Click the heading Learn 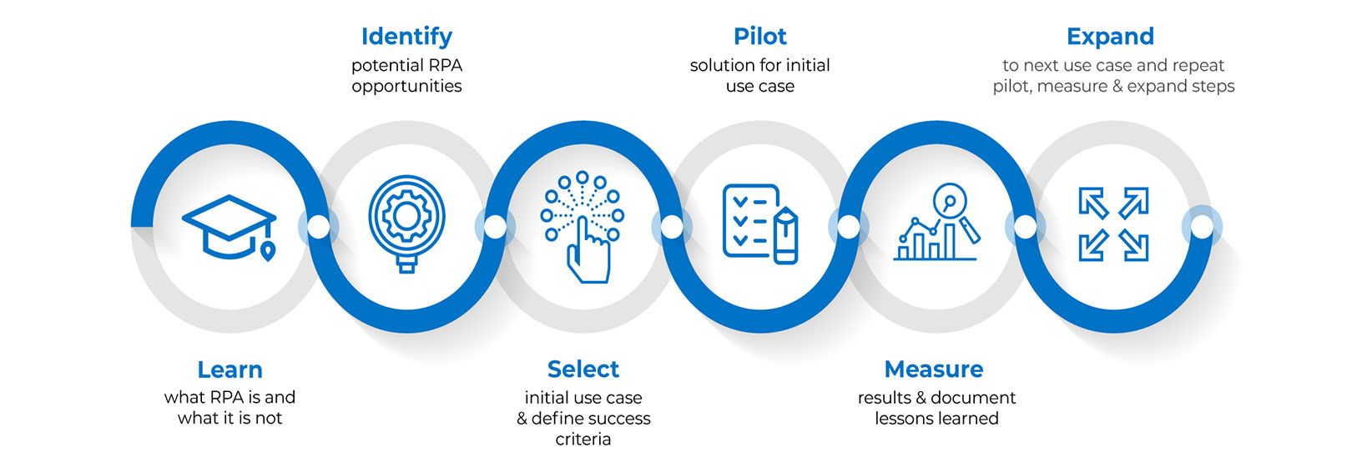point(230,369)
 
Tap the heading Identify point(406,37)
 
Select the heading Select point(583,369)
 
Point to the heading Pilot point(759,37)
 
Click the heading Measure point(933,369)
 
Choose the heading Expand point(1110,37)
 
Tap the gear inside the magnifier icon point(406,216)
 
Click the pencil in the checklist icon point(786,237)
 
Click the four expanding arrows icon point(1113,224)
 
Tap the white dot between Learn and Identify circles point(318,227)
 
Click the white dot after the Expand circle point(1202,226)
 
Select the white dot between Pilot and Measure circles point(847,227)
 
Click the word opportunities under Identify point(406,87)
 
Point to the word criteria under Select point(583,439)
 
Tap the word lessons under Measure point(906,419)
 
